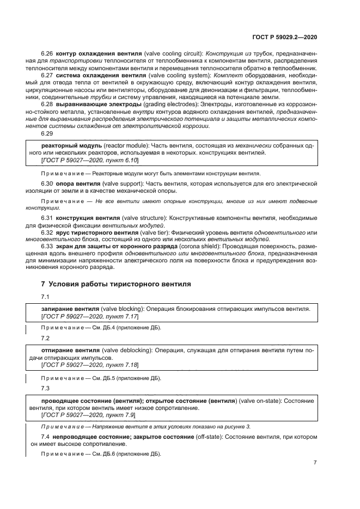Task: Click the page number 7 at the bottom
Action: tap(315, 463)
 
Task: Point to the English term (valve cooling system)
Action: tap(169, 75)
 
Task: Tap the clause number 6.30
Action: tap(48, 185)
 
